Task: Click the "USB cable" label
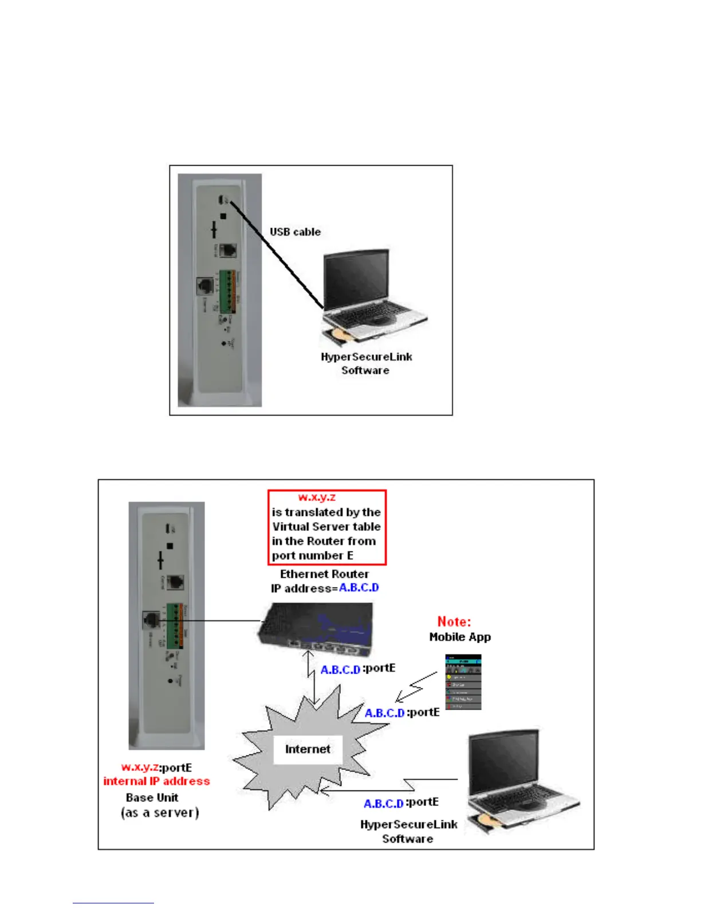pos(295,232)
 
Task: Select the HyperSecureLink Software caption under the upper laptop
pos(366,363)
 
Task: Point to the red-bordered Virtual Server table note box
pos(327,527)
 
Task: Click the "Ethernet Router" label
pos(324,574)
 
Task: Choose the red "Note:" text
pos(454,621)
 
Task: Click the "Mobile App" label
pos(460,637)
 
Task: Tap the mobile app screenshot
pos(463,682)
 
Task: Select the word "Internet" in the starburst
pos(308,749)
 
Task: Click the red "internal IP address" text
pos(156,781)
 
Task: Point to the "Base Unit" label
pos(152,797)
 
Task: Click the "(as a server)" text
pos(160,813)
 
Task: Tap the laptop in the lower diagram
pos(521,780)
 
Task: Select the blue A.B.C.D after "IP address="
pos(359,588)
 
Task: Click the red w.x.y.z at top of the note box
pos(317,498)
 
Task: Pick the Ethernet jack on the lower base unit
pos(151,620)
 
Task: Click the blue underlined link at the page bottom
pos(113,903)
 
